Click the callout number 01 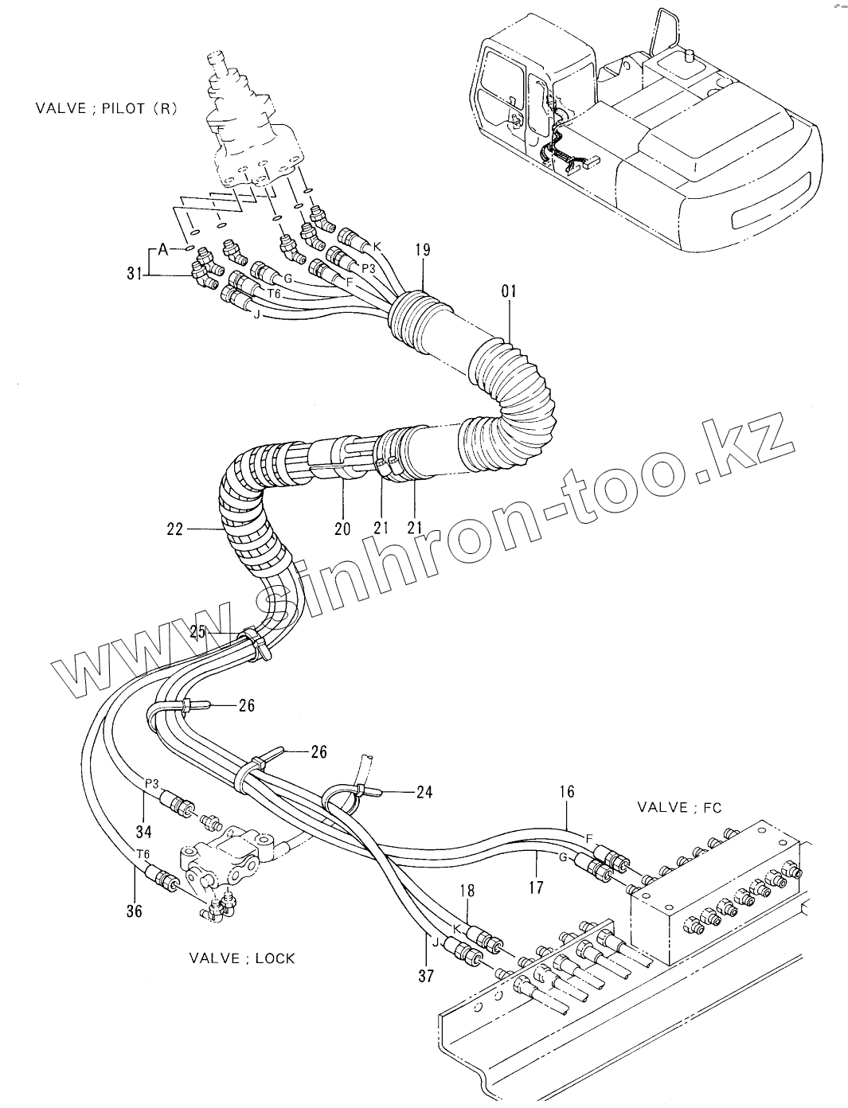coord(509,292)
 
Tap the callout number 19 coord(422,250)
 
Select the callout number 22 coord(175,528)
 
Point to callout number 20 coord(342,528)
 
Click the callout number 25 coord(198,633)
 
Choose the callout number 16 coord(566,792)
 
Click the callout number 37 coord(425,975)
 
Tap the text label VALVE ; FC coord(679,807)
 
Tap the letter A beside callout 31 coord(163,250)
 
